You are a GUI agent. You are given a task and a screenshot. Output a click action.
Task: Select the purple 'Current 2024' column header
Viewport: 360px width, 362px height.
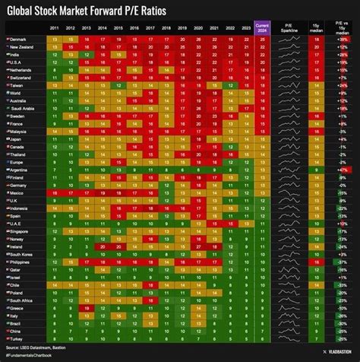tap(262, 27)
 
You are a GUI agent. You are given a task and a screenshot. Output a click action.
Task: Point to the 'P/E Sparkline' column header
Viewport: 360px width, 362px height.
tap(289, 27)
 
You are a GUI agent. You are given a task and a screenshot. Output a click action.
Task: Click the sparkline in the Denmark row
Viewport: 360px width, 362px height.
tap(289, 39)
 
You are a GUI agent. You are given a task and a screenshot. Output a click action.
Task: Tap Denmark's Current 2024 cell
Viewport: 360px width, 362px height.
tap(262, 39)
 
